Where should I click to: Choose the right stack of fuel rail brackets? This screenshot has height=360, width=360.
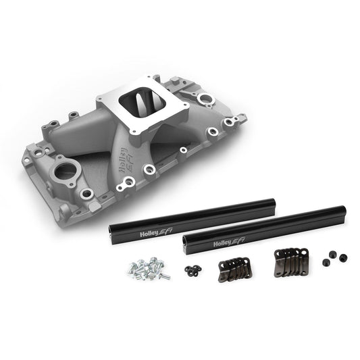[290, 261]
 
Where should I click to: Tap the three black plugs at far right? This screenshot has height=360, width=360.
[334, 259]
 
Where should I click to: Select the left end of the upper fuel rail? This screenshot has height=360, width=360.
[111, 233]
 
